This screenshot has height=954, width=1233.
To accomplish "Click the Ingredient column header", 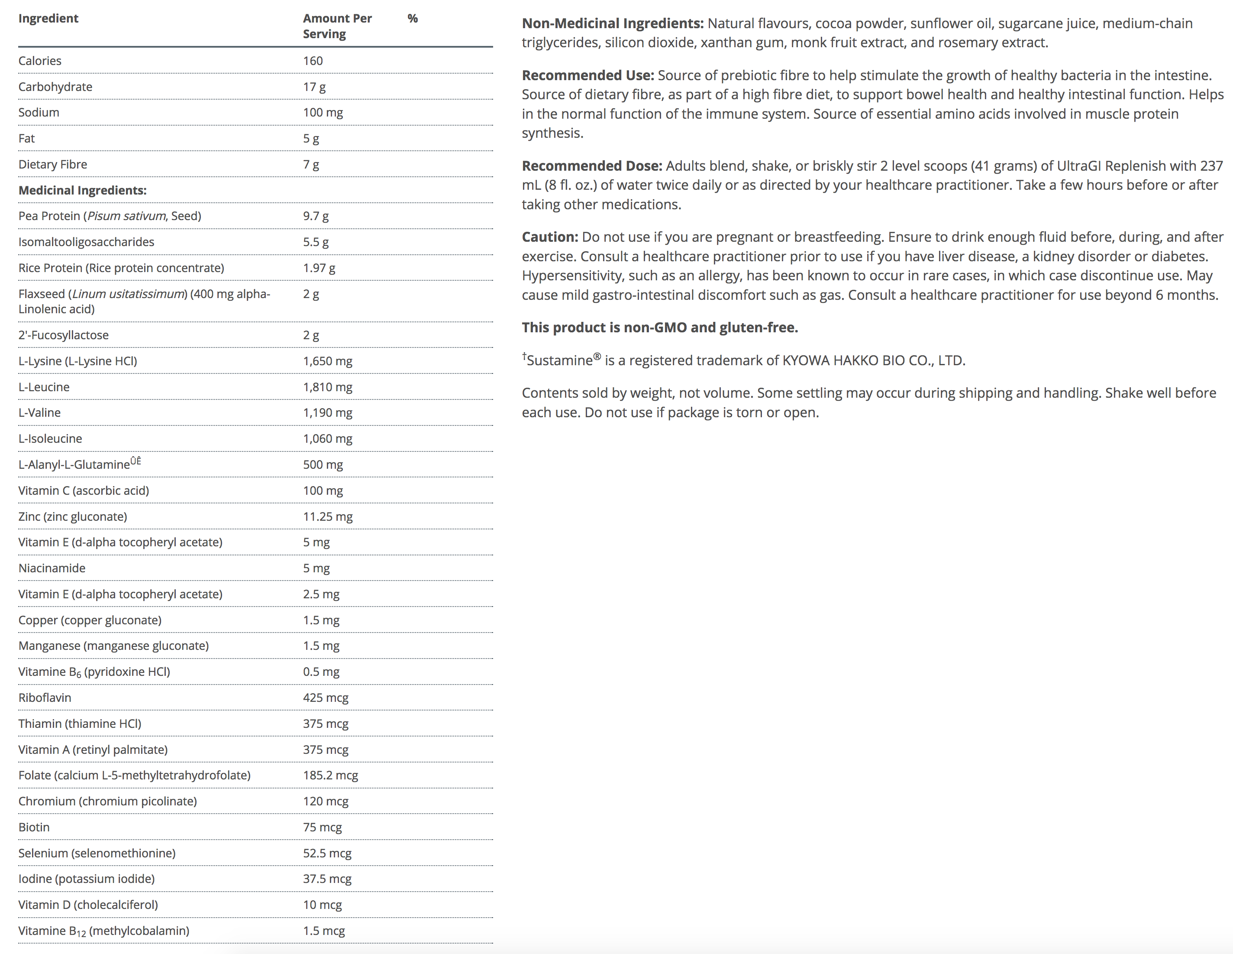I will point(48,18).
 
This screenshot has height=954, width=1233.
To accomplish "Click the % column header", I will point(412,18).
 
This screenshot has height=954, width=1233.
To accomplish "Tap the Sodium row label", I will point(39,112).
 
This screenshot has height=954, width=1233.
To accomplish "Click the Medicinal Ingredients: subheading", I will point(82,190).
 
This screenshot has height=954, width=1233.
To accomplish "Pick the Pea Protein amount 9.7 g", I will point(316,216).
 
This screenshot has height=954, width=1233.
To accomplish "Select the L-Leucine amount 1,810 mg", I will point(327,387).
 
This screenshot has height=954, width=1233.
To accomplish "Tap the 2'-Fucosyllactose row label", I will point(63,335).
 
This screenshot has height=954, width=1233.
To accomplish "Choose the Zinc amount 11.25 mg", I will point(327,516).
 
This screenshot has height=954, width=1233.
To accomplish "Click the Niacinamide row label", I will point(52,568).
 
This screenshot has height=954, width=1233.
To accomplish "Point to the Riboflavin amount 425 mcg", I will point(326,698).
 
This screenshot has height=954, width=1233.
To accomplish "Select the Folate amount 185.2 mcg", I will point(330,775).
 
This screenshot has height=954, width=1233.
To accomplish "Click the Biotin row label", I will point(34,827).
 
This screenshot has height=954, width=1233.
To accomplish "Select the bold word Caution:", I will point(550,237).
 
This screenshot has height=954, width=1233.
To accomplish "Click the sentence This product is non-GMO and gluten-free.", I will point(659,328).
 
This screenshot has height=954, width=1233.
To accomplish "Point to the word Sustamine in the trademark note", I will point(559,360).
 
